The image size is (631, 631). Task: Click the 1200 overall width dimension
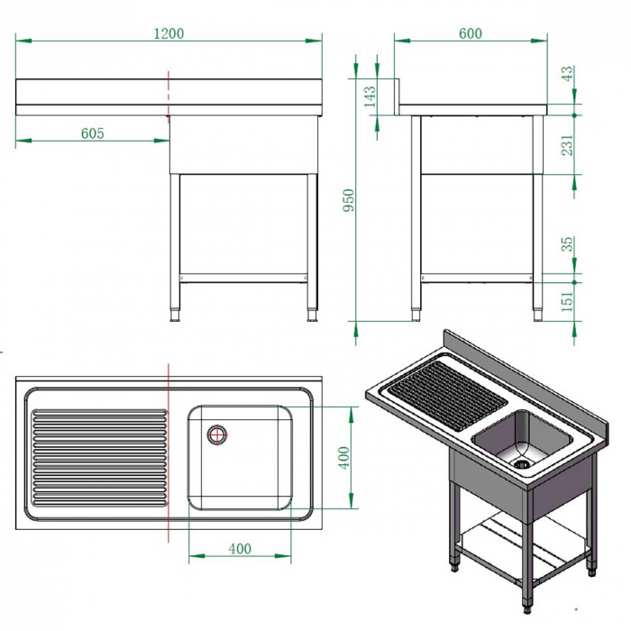(168, 33)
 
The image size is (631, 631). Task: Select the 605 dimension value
(93, 133)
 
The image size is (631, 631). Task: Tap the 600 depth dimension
(470, 33)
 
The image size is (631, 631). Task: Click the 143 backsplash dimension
(370, 96)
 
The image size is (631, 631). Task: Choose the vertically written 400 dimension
(343, 457)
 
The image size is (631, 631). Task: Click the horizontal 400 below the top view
(239, 548)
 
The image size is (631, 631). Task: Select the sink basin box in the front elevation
(243, 144)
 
